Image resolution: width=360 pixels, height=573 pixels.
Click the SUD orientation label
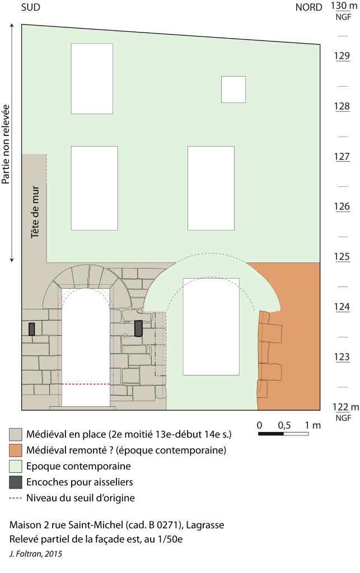pyautogui.click(x=31, y=7)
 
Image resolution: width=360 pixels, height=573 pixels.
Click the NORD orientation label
pyautogui.click(x=309, y=7)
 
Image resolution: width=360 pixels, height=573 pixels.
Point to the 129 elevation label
pyautogui.click(x=342, y=56)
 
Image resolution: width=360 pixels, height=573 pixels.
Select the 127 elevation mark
pyautogui.click(x=342, y=157)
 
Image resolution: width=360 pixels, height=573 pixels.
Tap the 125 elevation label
pyautogui.click(x=342, y=257)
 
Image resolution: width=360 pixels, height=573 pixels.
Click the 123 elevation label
pyautogui.click(x=342, y=357)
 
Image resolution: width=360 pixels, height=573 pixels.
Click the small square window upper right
pyautogui.click(x=233, y=90)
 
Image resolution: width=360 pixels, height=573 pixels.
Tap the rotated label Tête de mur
pyautogui.click(x=35, y=212)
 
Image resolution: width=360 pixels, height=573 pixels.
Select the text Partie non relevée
pyautogui.click(x=6, y=144)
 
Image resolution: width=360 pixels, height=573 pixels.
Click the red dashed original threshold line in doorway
pyautogui.click(x=86, y=384)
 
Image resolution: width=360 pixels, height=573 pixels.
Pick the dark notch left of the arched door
pyautogui.click(x=31, y=329)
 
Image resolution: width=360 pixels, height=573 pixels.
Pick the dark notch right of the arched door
pyautogui.click(x=138, y=328)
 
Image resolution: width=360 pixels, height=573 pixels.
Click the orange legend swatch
pyautogui.click(x=15, y=450)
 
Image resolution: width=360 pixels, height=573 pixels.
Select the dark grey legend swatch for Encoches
pyautogui.click(x=15, y=482)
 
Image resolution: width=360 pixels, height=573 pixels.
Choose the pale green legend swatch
pyautogui.click(x=15, y=466)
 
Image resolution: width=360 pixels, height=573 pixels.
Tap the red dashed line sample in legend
pyautogui.click(x=15, y=498)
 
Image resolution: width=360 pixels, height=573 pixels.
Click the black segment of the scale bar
pyautogui.click(x=271, y=434)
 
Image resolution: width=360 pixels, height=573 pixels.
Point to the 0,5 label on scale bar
pyautogui.click(x=284, y=425)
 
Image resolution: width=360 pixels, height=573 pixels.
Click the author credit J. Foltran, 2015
pyautogui.click(x=36, y=554)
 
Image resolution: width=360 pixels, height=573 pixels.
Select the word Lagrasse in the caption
pyautogui.click(x=205, y=525)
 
